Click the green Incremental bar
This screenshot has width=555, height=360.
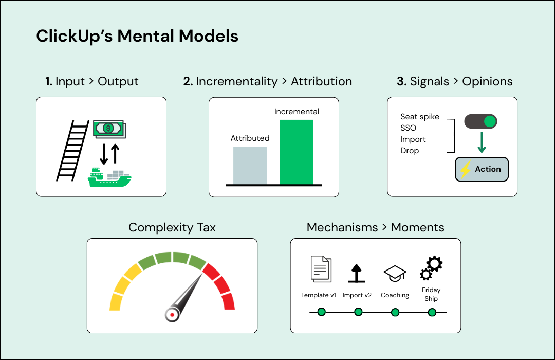(x=297, y=152)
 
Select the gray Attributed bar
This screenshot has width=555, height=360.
(x=250, y=166)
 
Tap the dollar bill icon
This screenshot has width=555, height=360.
(x=109, y=129)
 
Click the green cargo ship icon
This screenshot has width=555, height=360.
(x=109, y=177)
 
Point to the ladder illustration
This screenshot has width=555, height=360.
(x=72, y=151)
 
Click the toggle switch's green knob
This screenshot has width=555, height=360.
(x=490, y=121)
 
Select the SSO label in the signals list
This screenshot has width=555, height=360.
(x=408, y=128)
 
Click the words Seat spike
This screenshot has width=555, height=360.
(x=420, y=117)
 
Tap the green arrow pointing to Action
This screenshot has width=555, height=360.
(x=482, y=142)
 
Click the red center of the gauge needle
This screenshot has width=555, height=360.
(x=172, y=315)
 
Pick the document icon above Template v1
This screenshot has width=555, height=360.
(x=321, y=269)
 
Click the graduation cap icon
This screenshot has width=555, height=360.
(x=395, y=274)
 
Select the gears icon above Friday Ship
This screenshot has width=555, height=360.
(x=431, y=268)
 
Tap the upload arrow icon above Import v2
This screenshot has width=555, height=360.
(x=357, y=274)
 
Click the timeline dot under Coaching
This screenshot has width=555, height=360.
(x=395, y=312)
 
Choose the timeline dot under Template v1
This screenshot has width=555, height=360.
(x=321, y=312)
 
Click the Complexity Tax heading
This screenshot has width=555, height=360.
(x=172, y=227)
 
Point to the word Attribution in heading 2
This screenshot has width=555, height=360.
(x=321, y=81)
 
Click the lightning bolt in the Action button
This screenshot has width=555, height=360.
(x=466, y=169)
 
